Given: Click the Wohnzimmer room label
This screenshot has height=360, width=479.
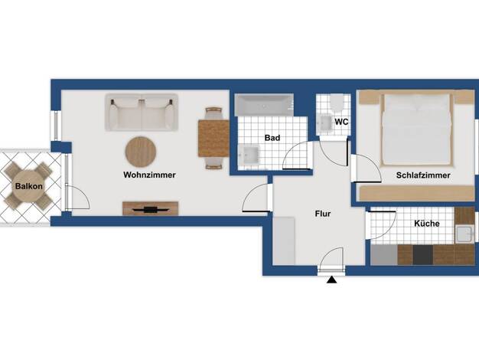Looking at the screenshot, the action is pyautogui.click(x=149, y=175).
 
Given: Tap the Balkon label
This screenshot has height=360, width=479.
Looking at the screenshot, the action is pyautogui.click(x=29, y=186).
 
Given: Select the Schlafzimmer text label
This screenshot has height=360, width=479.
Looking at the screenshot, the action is pyautogui.click(x=423, y=175).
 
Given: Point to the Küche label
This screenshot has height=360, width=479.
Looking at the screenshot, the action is pyautogui.click(x=427, y=224).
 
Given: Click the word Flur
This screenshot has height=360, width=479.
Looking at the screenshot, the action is pyautogui.click(x=323, y=214).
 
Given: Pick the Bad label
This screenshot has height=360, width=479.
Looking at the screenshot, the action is pyautogui.click(x=272, y=138).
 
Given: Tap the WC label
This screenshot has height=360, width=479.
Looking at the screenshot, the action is pyautogui.click(x=341, y=122).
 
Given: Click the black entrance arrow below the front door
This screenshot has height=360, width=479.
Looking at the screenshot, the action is pyautogui.click(x=331, y=280).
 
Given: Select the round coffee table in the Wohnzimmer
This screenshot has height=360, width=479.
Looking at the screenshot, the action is pyautogui.click(x=141, y=152).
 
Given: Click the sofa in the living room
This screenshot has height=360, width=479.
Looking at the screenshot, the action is pyautogui.click(x=142, y=113).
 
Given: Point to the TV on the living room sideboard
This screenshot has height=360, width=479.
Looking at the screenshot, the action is pyautogui.click(x=150, y=210).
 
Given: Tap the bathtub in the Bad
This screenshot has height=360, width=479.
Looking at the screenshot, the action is pyautogui.click(x=264, y=105).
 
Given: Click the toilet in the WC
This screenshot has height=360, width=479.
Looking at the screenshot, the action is pyautogui.click(x=337, y=103).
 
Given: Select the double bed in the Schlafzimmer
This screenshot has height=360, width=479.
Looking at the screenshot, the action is pyautogui.click(x=416, y=129).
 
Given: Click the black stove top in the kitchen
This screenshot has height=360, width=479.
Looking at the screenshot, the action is pyautogui.click(x=423, y=255).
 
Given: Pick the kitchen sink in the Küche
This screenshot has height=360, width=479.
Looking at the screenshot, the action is pyautogui.click(x=464, y=234).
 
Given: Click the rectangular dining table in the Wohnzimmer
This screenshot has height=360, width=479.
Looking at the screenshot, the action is pyautogui.click(x=213, y=139).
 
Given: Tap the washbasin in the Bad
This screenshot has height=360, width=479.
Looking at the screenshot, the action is pyautogui.click(x=249, y=155).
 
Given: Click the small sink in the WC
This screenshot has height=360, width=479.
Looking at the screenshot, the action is pyautogui.click(x=324, y=123).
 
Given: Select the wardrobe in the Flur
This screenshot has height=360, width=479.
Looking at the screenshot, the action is pyautogui.click(x=284, y=241).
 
